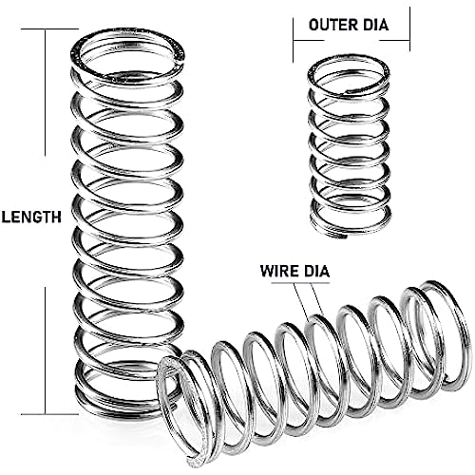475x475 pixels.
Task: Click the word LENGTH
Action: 31,218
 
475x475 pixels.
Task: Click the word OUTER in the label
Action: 331,25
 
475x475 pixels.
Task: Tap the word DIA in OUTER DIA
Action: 373,25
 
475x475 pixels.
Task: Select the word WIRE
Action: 279,271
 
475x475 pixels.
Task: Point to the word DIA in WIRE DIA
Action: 315,271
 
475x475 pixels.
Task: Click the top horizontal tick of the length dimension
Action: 49,29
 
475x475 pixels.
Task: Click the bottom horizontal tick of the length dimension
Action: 49,414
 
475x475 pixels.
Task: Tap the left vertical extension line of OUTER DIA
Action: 294,40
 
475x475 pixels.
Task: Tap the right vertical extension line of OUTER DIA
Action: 409,29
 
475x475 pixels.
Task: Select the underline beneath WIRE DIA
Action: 300,282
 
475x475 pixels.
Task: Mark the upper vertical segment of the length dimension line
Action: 46,92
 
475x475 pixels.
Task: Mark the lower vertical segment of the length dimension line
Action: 46,351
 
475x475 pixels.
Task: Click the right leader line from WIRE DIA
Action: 317,298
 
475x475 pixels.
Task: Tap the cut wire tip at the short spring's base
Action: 349,236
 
